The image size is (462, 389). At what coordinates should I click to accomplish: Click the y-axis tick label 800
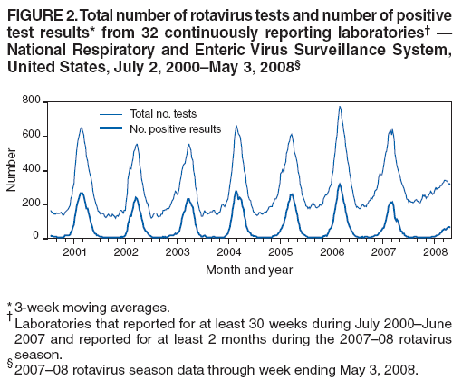pyautogui.click(x=29, y=100)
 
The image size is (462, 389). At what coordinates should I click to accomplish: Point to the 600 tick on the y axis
pyautogui.click(x=29, y=134)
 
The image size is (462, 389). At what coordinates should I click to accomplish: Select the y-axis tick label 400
pyautogui.click(x=29, y=168)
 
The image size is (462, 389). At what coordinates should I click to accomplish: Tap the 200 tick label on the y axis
pyautogui.click(x=29, y=203)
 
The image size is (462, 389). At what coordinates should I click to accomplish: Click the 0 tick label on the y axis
pyautogui.click(x=35, y=236)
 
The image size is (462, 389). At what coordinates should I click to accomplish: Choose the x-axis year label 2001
pyautogui.click(x=74, y=251)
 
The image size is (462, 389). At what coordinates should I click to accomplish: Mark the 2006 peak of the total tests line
pyautogui.click(x=340, y=107)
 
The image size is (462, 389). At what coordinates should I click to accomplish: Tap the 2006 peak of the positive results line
pyautogui.click(x=340, y=185)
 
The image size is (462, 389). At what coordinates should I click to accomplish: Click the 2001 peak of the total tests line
pyautogui.click(x=82, y=128)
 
